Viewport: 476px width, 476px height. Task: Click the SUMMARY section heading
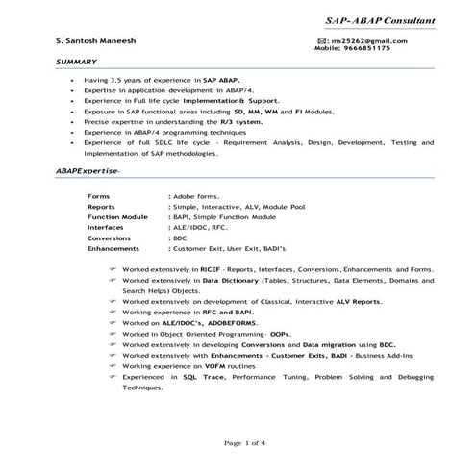point(77,62)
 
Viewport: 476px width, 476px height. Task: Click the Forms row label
point(99,195)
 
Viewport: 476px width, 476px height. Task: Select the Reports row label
point(102,206)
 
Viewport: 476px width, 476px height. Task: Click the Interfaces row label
point(106,227)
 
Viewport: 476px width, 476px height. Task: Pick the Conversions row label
point(110,238)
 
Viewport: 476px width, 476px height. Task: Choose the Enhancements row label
point(113,248)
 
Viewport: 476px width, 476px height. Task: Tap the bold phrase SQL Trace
point(202,377)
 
